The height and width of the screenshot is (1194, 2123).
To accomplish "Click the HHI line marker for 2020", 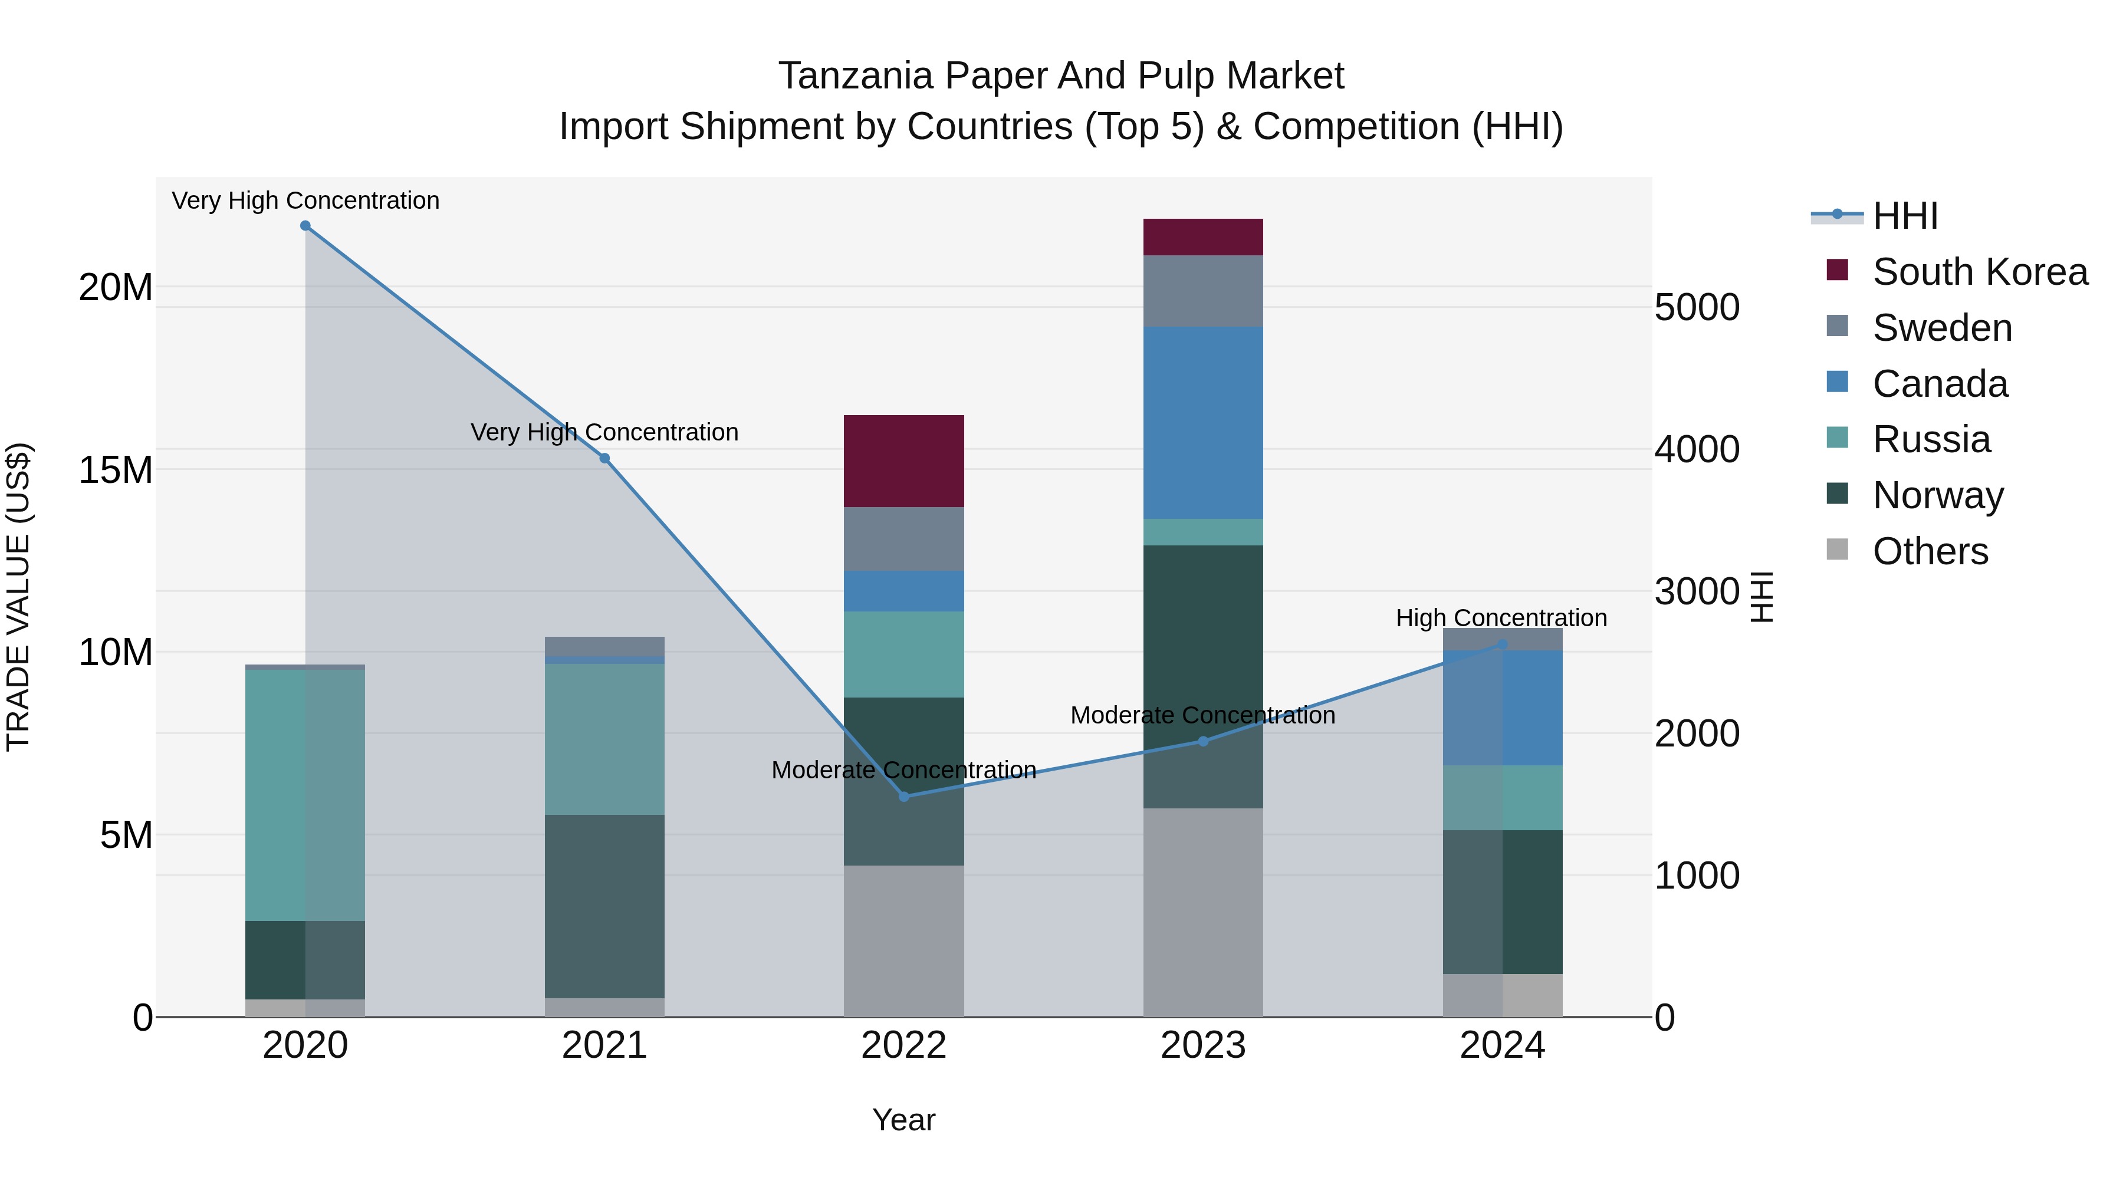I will (x=305, y=226).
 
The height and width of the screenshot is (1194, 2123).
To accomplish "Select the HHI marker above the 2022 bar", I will (x=903, y=796).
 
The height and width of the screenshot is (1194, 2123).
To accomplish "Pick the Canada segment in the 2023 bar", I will (x=1202, y=422).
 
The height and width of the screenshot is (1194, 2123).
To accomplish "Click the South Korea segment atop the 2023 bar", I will (x=1202, y=236).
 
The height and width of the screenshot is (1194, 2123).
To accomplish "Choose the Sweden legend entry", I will (x=1942, y=328).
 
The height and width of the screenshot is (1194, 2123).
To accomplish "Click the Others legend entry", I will (x=1930, y=551).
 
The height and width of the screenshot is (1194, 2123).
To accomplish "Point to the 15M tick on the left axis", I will (x=116, y=470).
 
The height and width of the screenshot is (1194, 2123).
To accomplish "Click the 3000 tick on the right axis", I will (x=1696, y=591).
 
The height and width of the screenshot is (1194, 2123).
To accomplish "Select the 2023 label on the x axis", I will (x=1202, y=1045).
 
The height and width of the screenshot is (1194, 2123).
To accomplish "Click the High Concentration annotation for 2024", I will (x=1501, y=618).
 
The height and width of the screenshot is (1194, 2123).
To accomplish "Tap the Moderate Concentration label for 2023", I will (x=1202, y=715).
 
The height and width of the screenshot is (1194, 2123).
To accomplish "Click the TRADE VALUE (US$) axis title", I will (x=18, y=597).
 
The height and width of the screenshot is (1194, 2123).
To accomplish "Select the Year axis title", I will (x=903, y=1120).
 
